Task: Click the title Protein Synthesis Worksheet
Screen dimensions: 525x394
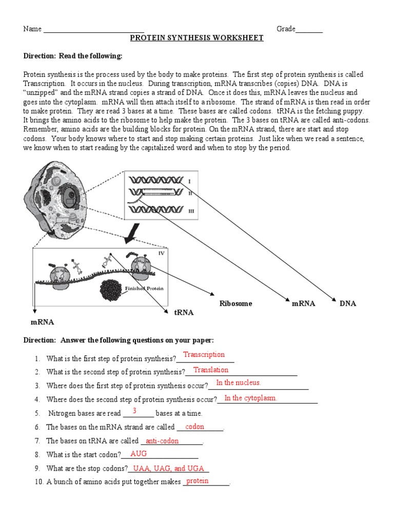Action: click(x=196, y=38)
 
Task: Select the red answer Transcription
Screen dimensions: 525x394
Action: click(x=204, y=355)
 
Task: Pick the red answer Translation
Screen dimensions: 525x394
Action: click(x=211, y=370)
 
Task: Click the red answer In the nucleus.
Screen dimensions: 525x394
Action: click(x=239, y=383)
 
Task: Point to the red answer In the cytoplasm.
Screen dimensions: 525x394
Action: click(x=250, y=398)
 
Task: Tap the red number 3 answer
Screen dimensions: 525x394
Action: click(x=134, y=411)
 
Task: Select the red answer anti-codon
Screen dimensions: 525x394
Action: click(x=162, y=441)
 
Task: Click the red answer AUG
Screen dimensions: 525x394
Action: click(x=139, y=454)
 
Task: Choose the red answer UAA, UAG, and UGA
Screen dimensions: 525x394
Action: click(x=169, y=469)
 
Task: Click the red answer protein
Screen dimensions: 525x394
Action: click(x=198, y=481)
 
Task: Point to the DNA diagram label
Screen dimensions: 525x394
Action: click(x=348, y=304)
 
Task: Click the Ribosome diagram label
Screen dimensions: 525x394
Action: click(x=236, y=304)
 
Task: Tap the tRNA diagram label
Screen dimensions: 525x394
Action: click(x=184, y=312)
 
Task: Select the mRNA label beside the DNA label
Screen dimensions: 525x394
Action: click(x=303, y=304)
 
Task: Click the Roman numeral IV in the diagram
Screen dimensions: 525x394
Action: click(x=161, y=252)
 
